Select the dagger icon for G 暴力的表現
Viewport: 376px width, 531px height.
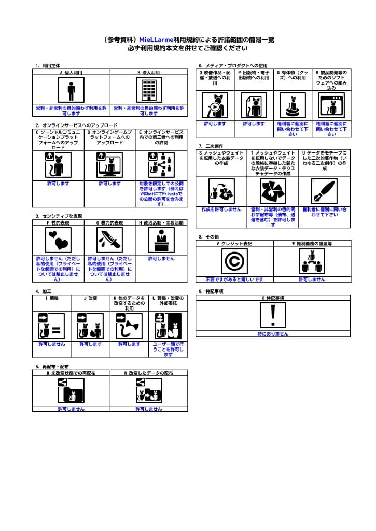click(109, 240)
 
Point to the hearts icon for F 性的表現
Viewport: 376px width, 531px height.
click(58, 240)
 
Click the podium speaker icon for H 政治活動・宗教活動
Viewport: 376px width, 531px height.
click(161, 240)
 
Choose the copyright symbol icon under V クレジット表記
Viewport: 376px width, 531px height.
click(234, 261)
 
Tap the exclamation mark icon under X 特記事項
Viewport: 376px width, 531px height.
click(273, 315)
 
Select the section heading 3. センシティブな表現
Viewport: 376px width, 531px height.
click(59, 216)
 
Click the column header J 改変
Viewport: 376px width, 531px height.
click(90, 298)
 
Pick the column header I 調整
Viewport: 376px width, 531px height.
click(52, 298)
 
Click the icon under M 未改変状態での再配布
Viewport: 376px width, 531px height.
click(71, 392)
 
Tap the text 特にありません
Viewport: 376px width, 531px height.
click(273, 334)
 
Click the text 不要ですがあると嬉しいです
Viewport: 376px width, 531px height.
click(234, 280)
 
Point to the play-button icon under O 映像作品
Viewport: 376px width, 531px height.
click(214, 106)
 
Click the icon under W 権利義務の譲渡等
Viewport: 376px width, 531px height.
click(312, 261)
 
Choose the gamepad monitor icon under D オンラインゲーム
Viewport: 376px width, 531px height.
click(109, 165)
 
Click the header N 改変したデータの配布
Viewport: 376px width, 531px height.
click(148, 373)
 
